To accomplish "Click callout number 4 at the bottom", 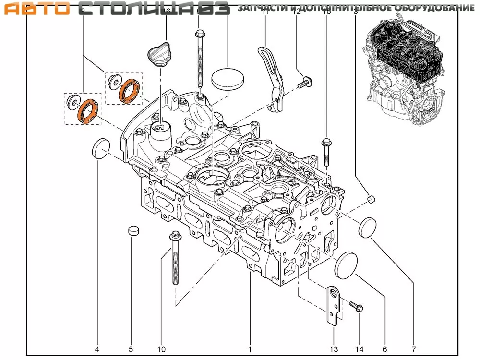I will pos(98,349).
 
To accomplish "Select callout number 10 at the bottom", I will pos(161,349).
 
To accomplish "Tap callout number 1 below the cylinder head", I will pos(250,349).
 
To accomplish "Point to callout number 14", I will pos(359,349).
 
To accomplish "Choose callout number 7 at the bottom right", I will pos(413,349).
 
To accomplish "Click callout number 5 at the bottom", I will pos(130,349).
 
